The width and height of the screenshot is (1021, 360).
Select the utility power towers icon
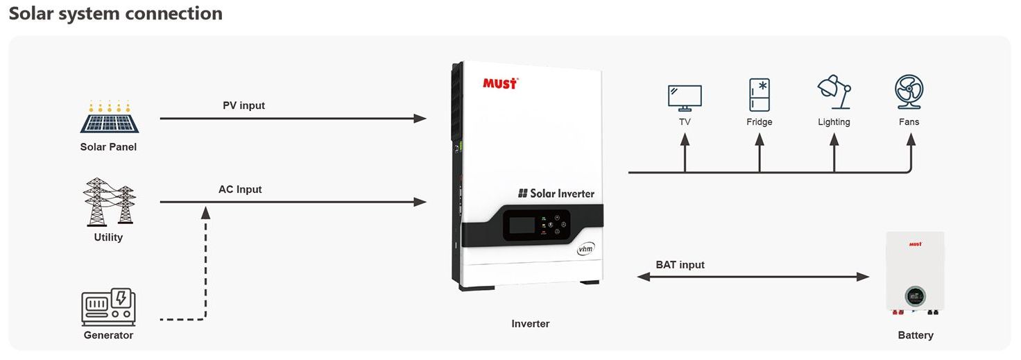click(109, 202)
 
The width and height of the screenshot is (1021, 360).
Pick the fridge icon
click(760, 95)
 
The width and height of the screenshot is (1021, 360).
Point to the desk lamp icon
click(834, 92)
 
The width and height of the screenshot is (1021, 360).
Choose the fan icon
click(909, 92)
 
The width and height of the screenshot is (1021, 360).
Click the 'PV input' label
click(243, 105)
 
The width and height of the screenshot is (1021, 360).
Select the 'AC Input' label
click(240, 189)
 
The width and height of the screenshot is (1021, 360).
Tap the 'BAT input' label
click(680, 264)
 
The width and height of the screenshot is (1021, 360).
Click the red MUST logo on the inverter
click(500, 84)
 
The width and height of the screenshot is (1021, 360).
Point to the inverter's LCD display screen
click(522, 225)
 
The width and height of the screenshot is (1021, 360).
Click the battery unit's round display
click(915, 297)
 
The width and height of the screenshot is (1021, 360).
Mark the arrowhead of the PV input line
click(420, 119)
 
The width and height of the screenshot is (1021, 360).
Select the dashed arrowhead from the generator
click(205, 212)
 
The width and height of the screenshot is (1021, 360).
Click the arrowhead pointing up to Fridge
click(760, 139)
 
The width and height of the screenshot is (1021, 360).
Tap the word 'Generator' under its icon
click(108, 335)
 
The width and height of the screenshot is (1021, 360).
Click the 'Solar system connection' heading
click(115, 13)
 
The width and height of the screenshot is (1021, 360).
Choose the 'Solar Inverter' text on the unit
click(556, 194)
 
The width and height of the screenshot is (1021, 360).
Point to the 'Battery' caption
click(916, 335)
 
